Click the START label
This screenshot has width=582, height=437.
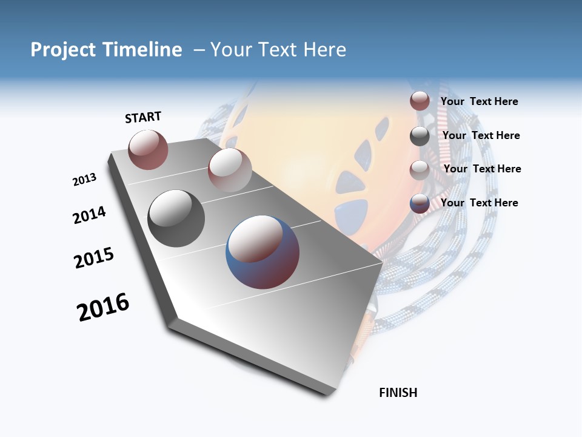pos(143,117)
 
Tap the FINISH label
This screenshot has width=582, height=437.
pos(398,393)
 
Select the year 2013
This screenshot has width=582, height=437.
pos(84,180)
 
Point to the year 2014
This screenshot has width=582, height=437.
pos(89,215)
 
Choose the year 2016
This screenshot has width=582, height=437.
pos(103,307)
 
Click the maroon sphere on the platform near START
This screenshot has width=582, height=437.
pos(148,149)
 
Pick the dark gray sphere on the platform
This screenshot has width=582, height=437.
pos(176,218)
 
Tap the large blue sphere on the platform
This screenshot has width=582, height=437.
pos(263,252)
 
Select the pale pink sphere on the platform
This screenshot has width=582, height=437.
pos(229,170)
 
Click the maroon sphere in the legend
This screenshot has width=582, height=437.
pos(420,101)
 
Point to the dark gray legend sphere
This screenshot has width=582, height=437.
pos(420,136)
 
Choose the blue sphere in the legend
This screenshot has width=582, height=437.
pos(420,203)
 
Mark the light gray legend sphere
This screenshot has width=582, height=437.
pos(420,169)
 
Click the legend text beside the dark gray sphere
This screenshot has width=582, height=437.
pos(481,135)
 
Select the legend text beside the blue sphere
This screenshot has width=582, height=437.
pos(479,203)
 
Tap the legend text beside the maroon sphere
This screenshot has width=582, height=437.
pos(479,101)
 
